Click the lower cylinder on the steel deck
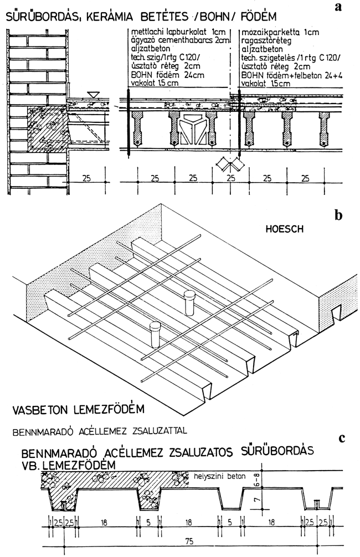pyautogui.click(x=154, y=333)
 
